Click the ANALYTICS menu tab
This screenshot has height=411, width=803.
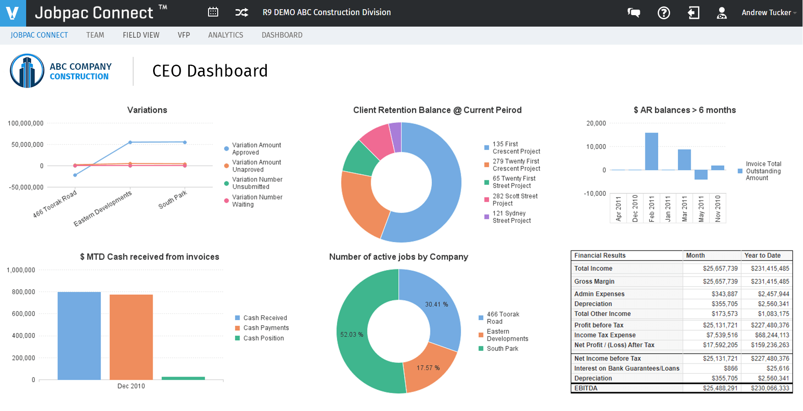[x=225, y=35]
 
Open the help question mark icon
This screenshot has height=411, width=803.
[x=664, y=13]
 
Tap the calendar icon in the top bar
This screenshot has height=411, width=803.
[x=213, y=12]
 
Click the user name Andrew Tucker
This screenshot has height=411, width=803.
[x=766, y=13]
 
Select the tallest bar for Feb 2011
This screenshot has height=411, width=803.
[x=651, y=151]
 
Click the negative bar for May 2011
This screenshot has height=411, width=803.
[x=701, y=175]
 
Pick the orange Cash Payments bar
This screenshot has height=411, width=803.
[x=131, y=337]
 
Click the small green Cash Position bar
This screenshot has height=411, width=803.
[x=183, y=378]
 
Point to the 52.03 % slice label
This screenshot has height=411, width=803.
[x=352, y=335]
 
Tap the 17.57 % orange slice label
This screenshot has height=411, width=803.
[x=428, y=368]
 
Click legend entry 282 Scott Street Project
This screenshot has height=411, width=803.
[x=515, y=200]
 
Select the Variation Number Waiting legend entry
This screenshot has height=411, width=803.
[x=257, y=201]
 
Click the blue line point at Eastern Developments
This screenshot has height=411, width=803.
[x=130, y=142]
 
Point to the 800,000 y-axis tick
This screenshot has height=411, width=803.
[x=23, y=292]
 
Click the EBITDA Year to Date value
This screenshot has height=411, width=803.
[x=770, y=388]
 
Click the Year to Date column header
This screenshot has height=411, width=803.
[x=762, y=255]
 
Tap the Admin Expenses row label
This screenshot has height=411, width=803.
[x=599, y=294]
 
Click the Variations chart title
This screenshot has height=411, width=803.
[x=147, y=110]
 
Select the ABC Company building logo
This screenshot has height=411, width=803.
[x=27, y=71]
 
